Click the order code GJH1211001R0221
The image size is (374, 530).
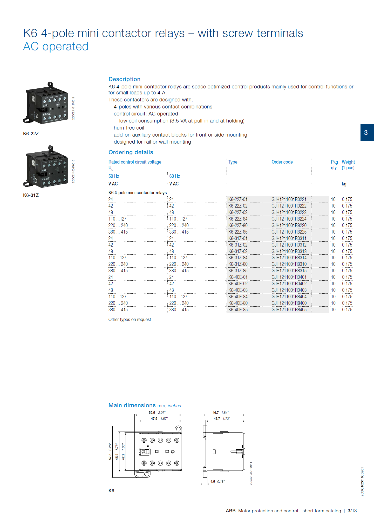pos(289,199)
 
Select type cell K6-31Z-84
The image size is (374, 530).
pos(238,258)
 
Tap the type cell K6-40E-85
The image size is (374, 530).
pos(238,310)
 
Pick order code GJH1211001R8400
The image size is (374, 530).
pos(289,303)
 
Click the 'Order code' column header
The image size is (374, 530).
pos(282,162)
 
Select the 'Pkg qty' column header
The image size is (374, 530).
pos(334,165)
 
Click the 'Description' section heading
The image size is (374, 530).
pos(124,79)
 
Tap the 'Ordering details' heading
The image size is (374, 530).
pos(131,152)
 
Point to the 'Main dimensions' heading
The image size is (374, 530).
pos(132,405)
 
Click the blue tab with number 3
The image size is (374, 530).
pos(366,133)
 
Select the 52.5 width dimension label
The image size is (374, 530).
pos(152,413)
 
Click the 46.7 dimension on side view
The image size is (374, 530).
pos(215,413)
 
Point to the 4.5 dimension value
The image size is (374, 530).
pos(213,482)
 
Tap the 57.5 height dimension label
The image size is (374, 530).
pos(110,457)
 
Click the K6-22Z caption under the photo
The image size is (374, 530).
pos(31,134)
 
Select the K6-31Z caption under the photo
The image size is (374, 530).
pos(31,195)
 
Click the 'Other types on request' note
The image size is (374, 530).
pos(130,320)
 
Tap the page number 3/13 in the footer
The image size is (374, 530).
pos(352,511)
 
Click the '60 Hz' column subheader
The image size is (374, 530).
pos(174,176)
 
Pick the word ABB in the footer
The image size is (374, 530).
pos(230,511)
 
